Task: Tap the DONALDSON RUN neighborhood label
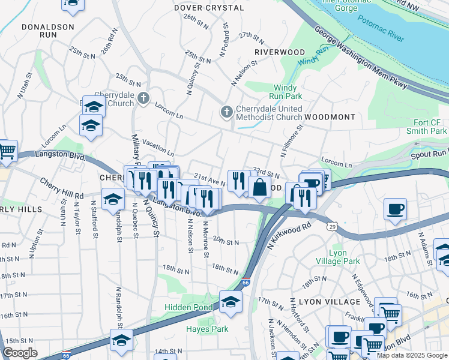click(48, 31)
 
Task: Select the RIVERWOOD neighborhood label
click(280, 52)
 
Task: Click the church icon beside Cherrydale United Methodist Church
click(227, 111)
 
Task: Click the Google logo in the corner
click(20, 353)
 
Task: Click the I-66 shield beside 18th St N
click(245, 281)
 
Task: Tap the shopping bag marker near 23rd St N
click(259, 187)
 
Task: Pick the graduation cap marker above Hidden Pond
click(230, 302)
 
